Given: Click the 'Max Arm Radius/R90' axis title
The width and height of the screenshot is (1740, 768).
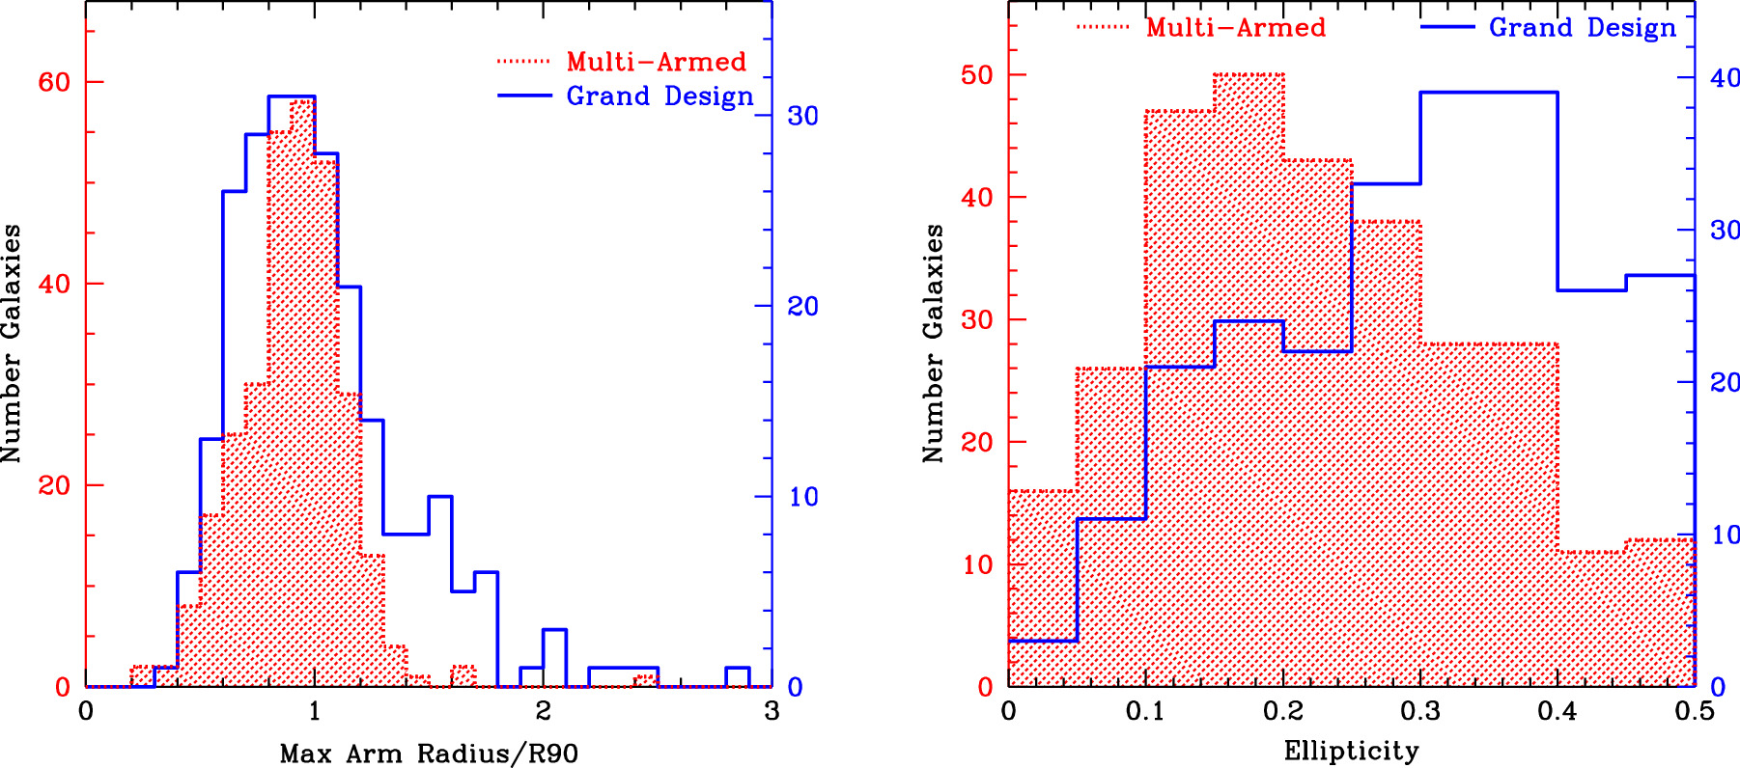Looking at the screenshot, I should (x=429, y=754).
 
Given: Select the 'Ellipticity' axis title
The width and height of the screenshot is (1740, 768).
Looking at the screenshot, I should (x=1351, y=751).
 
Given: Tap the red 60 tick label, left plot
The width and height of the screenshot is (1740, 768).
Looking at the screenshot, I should (x=54, y=82).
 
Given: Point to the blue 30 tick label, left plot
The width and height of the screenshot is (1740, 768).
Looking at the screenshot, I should (x=802, y=116).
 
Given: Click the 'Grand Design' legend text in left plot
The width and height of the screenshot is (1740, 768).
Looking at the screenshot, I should (x=660, y=96).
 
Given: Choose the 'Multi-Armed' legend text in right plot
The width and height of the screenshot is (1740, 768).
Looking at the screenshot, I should (x=1236, y=27).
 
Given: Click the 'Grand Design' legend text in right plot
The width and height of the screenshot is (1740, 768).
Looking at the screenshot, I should (x=1582, y=27).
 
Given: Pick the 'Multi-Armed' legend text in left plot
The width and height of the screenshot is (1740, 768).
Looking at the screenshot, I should (x=657, y=62).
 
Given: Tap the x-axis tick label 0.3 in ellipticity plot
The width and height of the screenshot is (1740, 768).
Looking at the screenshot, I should (x=1419, y=712).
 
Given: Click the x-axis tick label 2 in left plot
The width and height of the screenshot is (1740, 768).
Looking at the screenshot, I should (x=543, y=712).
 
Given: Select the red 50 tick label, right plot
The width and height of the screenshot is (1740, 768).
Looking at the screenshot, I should (x=977, y=75).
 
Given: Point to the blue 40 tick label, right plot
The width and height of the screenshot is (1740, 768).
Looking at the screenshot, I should (x=1725, y=77).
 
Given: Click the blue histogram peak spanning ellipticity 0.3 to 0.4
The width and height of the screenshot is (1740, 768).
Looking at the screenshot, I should (x=1488, y=93).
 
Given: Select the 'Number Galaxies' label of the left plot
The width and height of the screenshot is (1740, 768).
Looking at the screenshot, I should (x=12, y=343).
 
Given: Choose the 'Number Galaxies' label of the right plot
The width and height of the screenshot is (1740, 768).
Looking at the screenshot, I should (x=933, y=343).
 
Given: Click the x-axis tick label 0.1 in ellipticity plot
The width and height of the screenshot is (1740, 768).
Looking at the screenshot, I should (x=1145, y=712).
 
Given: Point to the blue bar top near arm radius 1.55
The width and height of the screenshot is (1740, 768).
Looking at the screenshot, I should (x=440, y=497).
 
